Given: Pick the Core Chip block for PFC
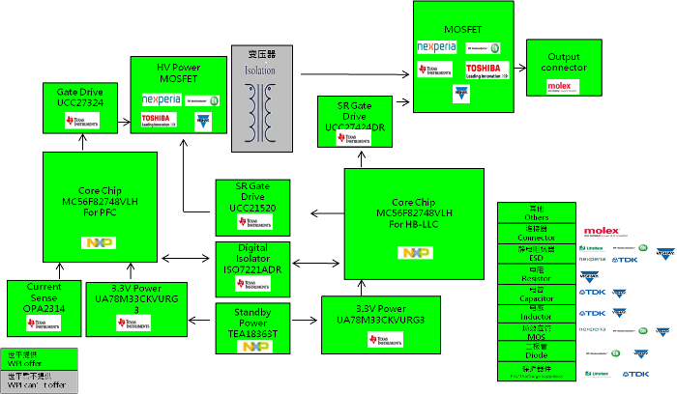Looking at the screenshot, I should point(99,206).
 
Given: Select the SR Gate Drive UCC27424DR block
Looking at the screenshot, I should point(354,122).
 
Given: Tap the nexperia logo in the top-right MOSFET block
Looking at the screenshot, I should point(436,47).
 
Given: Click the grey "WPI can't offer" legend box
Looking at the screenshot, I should point(38,382).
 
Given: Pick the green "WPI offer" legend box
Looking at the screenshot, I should point(38,357).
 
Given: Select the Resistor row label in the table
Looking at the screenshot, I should point(536,274).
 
